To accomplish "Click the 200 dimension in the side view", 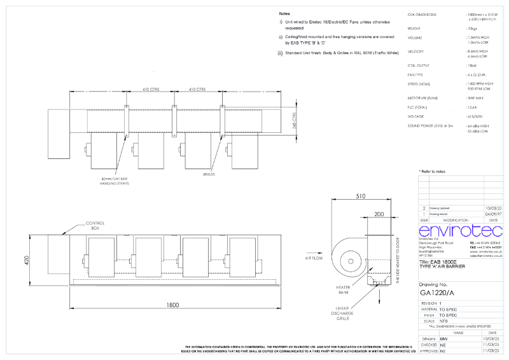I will coord(380,215).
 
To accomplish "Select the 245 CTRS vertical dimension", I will coord(295,121).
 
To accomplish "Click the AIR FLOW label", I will coord(316,260).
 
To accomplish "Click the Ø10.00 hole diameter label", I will coord(209,174).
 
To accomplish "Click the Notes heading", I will coord(285,13).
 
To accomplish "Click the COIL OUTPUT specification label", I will coord(419,66).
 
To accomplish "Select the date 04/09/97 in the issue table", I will coord(493,214).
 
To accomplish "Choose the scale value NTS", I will coord(443,321).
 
